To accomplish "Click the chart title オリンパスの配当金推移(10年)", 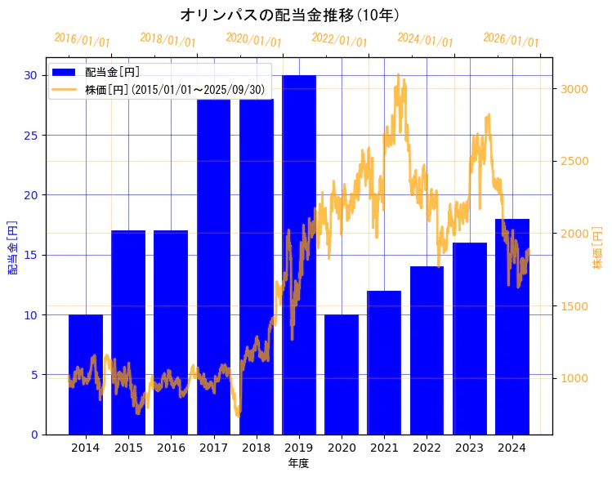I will click(x=289, y=16).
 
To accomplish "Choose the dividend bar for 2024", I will click(x=512, y=326).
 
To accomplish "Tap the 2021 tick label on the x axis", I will click(x=384, y=448).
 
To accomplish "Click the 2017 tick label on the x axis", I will click(x=213, y=448).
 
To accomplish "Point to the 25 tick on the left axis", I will click(x=29, y=135).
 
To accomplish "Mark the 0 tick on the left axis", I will click(x=33, y=435).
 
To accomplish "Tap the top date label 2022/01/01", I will click(x=340, y=40).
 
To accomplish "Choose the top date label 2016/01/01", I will click(x=82, y=40).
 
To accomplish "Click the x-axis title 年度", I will click(x=298, y=464).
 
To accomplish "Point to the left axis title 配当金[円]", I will click(x=12, y=247).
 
